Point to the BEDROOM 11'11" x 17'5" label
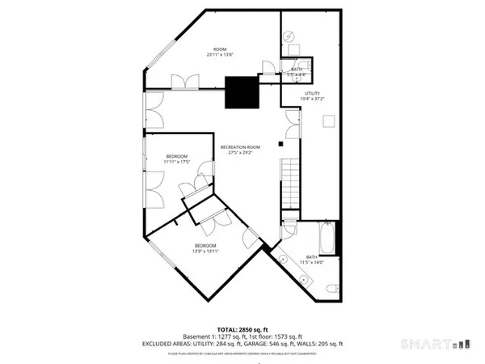pos(177,159)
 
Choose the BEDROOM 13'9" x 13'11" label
pos(205,248)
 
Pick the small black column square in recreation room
pos(279,144)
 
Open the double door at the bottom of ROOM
pos(184,81)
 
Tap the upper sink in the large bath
pos(283,257)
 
